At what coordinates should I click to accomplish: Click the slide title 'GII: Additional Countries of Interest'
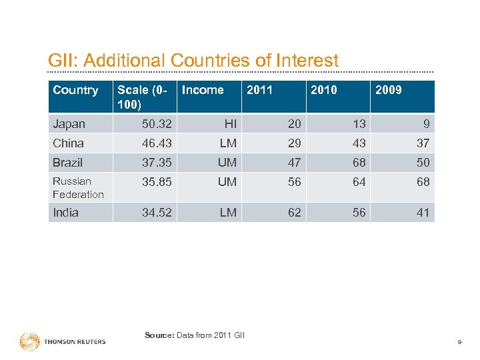coord(193,61)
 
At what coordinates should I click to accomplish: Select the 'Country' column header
coord(75,90)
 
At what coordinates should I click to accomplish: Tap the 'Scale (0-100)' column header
coord(142,97)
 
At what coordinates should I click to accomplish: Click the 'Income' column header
coord(203,90)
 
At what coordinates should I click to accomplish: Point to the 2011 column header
coord(259,90)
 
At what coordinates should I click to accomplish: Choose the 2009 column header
coord(388,90)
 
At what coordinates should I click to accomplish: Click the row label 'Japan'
coord(69,124)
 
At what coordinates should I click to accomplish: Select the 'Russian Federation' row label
coord(78,188)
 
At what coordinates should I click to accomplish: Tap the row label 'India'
coord(66,213)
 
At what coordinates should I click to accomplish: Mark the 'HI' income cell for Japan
coord(230,124)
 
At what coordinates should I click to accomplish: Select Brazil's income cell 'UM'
coord(227,163)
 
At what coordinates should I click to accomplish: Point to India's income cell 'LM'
coord(228,213)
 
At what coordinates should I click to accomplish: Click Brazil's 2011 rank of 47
coord(294,163)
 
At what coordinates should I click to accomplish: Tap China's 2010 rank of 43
coord(359,143)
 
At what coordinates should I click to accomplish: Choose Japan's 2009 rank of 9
coord(426,124)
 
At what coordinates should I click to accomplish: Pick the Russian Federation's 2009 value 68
coord(423,182)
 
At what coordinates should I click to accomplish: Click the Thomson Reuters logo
coord(63,341)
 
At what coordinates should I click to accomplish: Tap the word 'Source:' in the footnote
coord(159,335)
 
